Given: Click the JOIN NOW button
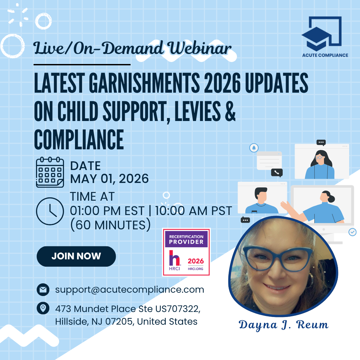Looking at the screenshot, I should (x=76, y=256).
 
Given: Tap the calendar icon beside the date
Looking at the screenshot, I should (x=50, y=172).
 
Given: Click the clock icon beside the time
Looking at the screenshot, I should (x=50, y=211).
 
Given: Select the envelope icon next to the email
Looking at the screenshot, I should (x=43, y=290).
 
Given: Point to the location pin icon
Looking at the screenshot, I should (x=43, y=308).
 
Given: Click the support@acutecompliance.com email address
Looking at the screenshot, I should (x=130, y=290).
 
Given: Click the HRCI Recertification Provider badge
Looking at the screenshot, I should (x=186, y=252).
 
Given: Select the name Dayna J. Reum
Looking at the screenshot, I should (x=284, y=325).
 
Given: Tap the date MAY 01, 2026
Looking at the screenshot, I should (x=109, y=179).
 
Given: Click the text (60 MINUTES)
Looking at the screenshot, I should (x=110, y=225).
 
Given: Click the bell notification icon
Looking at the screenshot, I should (x=254, y=148).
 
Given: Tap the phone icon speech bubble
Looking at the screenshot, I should (x=277, y=172).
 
